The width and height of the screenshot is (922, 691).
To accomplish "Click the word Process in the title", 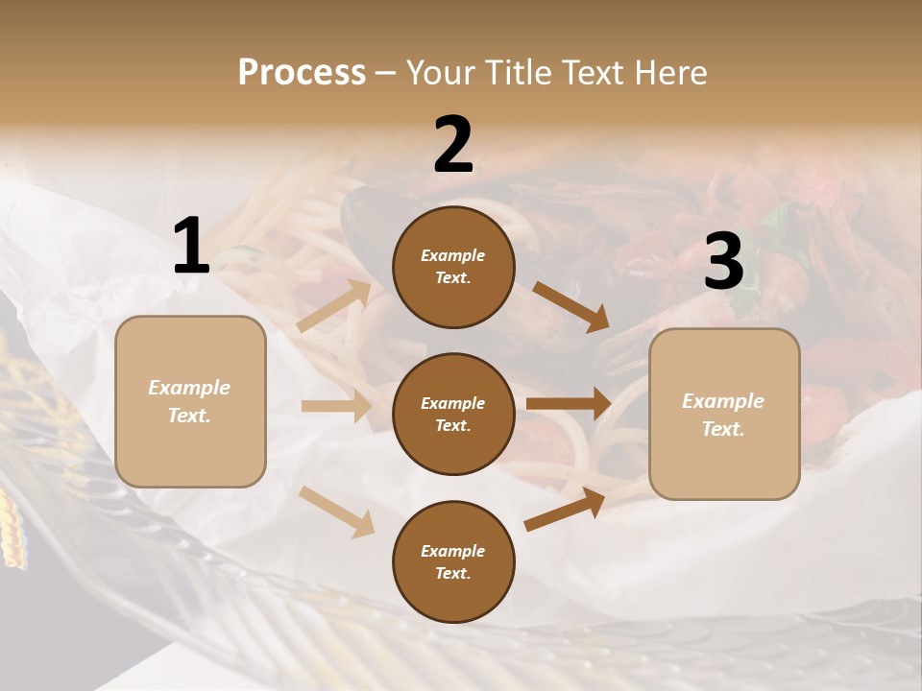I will point(302,73).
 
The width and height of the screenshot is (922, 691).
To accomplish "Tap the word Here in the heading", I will point(671,73).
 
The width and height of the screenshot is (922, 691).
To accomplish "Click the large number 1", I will point(191,248).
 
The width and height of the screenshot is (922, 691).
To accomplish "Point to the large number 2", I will point(453,145).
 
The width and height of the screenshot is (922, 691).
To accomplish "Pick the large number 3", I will point(723,262).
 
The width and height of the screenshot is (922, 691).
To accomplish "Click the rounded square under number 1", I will point(190,401).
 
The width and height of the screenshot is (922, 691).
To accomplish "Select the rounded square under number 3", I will point(724,415).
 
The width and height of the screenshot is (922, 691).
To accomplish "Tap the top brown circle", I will point(453,267).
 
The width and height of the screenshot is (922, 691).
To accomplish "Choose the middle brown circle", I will point(453,415).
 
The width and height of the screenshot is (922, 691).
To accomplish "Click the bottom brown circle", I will point(453,562).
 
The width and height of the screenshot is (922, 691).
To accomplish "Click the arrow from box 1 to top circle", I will point(334,305).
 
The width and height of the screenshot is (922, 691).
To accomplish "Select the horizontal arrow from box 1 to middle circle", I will point(336,406).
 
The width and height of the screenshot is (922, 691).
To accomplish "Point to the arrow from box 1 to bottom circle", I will point(336,511).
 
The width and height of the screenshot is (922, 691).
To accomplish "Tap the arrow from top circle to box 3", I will point(570,306).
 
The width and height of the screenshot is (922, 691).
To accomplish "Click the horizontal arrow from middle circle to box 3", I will point(569,404).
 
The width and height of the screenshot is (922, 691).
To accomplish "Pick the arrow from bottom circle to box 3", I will point(566,510).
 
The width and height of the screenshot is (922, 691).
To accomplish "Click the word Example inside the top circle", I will point(453,255).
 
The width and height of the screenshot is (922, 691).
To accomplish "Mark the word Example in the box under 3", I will point(723,401).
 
